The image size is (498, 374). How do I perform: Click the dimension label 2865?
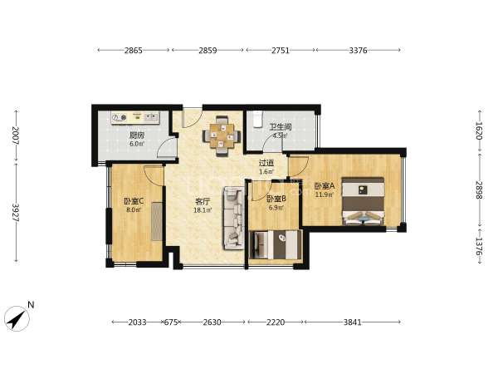(x=134, y=50)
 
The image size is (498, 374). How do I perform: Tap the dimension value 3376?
(x=358, y=50)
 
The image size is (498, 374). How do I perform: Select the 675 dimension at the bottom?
(x=170, y=322)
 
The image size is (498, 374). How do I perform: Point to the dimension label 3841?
(x=353, y=322)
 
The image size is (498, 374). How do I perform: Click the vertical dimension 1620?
(x=479, y=130)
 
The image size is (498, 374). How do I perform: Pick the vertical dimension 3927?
(x=15, y=213)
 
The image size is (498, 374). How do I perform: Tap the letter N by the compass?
(x=31, y=305)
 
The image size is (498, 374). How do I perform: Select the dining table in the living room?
(x=222, y=136)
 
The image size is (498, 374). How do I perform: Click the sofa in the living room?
(x=234, y=219)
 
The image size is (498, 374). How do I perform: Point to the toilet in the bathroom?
(x=257, y=119)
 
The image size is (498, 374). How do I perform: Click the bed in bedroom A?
(x=363, y=201)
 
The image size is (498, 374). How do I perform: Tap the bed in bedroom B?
(x=276, y=244)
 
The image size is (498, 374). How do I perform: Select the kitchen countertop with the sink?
(x=135, y=118)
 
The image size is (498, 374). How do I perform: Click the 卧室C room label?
(x=134, y=201)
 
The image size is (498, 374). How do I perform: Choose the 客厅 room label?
(x=203, y=201)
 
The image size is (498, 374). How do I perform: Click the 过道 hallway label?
(x=266, y=163)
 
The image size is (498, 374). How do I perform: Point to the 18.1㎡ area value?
(x=203, y=210)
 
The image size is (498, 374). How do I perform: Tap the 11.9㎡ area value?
(x=325, y=194)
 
